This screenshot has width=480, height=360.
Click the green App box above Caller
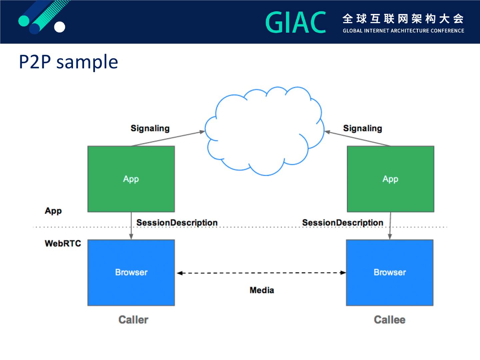click(x=131, y=179)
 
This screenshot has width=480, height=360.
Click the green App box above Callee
click(x=391, y=179)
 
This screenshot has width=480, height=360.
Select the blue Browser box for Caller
click(x=131, y=273)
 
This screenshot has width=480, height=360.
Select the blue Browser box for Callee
click(x=390, y=273)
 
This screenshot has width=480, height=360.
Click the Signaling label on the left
click(x=150, y=128)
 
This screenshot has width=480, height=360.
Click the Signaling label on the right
click(x=363, y=128)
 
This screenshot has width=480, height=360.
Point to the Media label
click(x=262, y=290)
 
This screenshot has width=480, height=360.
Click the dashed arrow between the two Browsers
click(x=261, y=273)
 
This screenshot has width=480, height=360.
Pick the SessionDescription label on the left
click(x=177, y=223)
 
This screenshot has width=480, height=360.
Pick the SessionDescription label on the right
click(x=343, y=223)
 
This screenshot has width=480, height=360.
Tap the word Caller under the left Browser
click(x=133, y=320)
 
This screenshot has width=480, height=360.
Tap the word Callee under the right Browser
click(x=390, y=320)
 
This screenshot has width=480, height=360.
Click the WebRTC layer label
click(x=63, y=243)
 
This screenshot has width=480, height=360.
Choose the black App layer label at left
click(x=53, y=211)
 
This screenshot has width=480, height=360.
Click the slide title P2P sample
click(x=68, y=62)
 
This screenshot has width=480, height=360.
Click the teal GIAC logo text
click(x=296, y=22)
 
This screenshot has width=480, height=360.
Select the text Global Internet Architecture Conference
click(x=403, y=31)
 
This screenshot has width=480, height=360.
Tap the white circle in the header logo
click(x=59, y=27)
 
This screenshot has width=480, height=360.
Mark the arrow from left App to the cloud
click(x=168, y=139)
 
